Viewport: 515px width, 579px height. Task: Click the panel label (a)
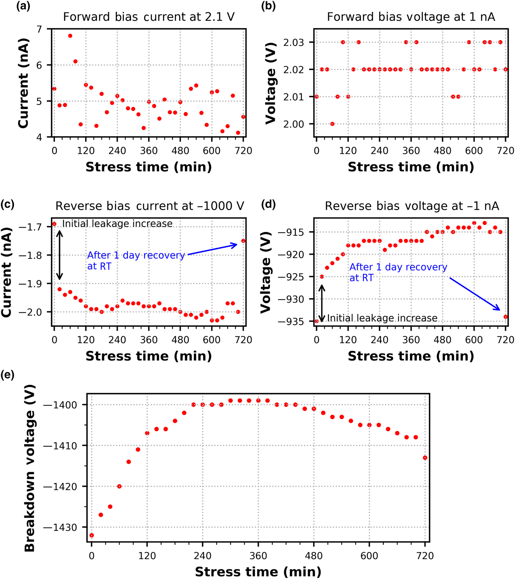pos(23,6)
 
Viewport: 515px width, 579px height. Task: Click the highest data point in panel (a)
pos(70,36)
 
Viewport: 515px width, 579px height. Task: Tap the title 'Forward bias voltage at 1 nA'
pos(411,17)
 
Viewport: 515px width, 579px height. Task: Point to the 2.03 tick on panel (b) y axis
pos(293,43)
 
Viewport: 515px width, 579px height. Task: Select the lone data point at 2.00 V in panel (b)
pos(332,124)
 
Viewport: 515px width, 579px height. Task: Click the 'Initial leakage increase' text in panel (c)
pos(117,224)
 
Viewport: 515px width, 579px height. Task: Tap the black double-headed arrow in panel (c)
pos(60,255)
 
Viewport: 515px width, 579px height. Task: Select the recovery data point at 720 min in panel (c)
pos(243,241)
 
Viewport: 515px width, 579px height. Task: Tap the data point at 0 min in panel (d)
pos(317,321)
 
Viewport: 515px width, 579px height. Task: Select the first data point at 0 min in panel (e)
pos(92,535)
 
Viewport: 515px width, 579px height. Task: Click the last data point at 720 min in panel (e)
pos(425,458)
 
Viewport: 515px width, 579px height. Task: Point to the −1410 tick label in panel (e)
pos(60,446)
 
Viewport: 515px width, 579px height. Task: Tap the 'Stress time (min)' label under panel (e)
pos(258,572)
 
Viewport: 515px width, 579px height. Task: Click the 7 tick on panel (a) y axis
pos(39,29)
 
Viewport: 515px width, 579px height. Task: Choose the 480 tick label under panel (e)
pos(314,555)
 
